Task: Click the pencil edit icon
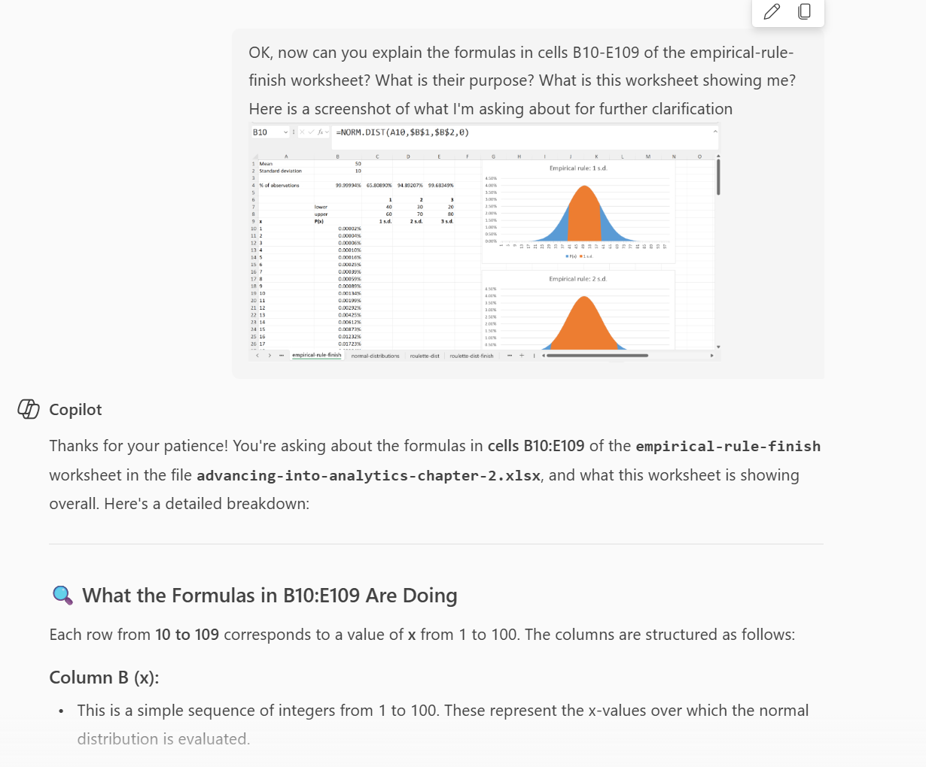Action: click(x=772, y=11)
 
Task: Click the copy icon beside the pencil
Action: click(x=804, y=11)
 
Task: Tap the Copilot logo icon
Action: click(x=29, y=409)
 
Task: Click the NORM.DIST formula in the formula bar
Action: click(x=402, y=132)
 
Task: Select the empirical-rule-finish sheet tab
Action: click(x=316, y=355)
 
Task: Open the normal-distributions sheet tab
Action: click(x=375, y=356)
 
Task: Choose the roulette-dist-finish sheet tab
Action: click(x=471, y=356)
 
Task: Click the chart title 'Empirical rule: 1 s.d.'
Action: click(x=577, y=168)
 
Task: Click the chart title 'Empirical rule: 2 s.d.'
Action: click(x=577, y=279)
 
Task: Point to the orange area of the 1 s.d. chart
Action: click(x=583, y=218)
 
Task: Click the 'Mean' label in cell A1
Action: click(x=266, y=163)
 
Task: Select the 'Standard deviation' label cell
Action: click(x=280, y=171)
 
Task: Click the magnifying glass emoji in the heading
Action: click(x=62, y=596)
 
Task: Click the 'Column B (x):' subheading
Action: click(x=104, y=678)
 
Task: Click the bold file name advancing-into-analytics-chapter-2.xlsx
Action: click(x=368, y=475)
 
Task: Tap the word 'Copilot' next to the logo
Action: click(x=75, y=410)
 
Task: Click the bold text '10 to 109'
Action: click(x=187, y=635)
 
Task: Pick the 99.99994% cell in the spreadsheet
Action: click(x=348, y=185)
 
